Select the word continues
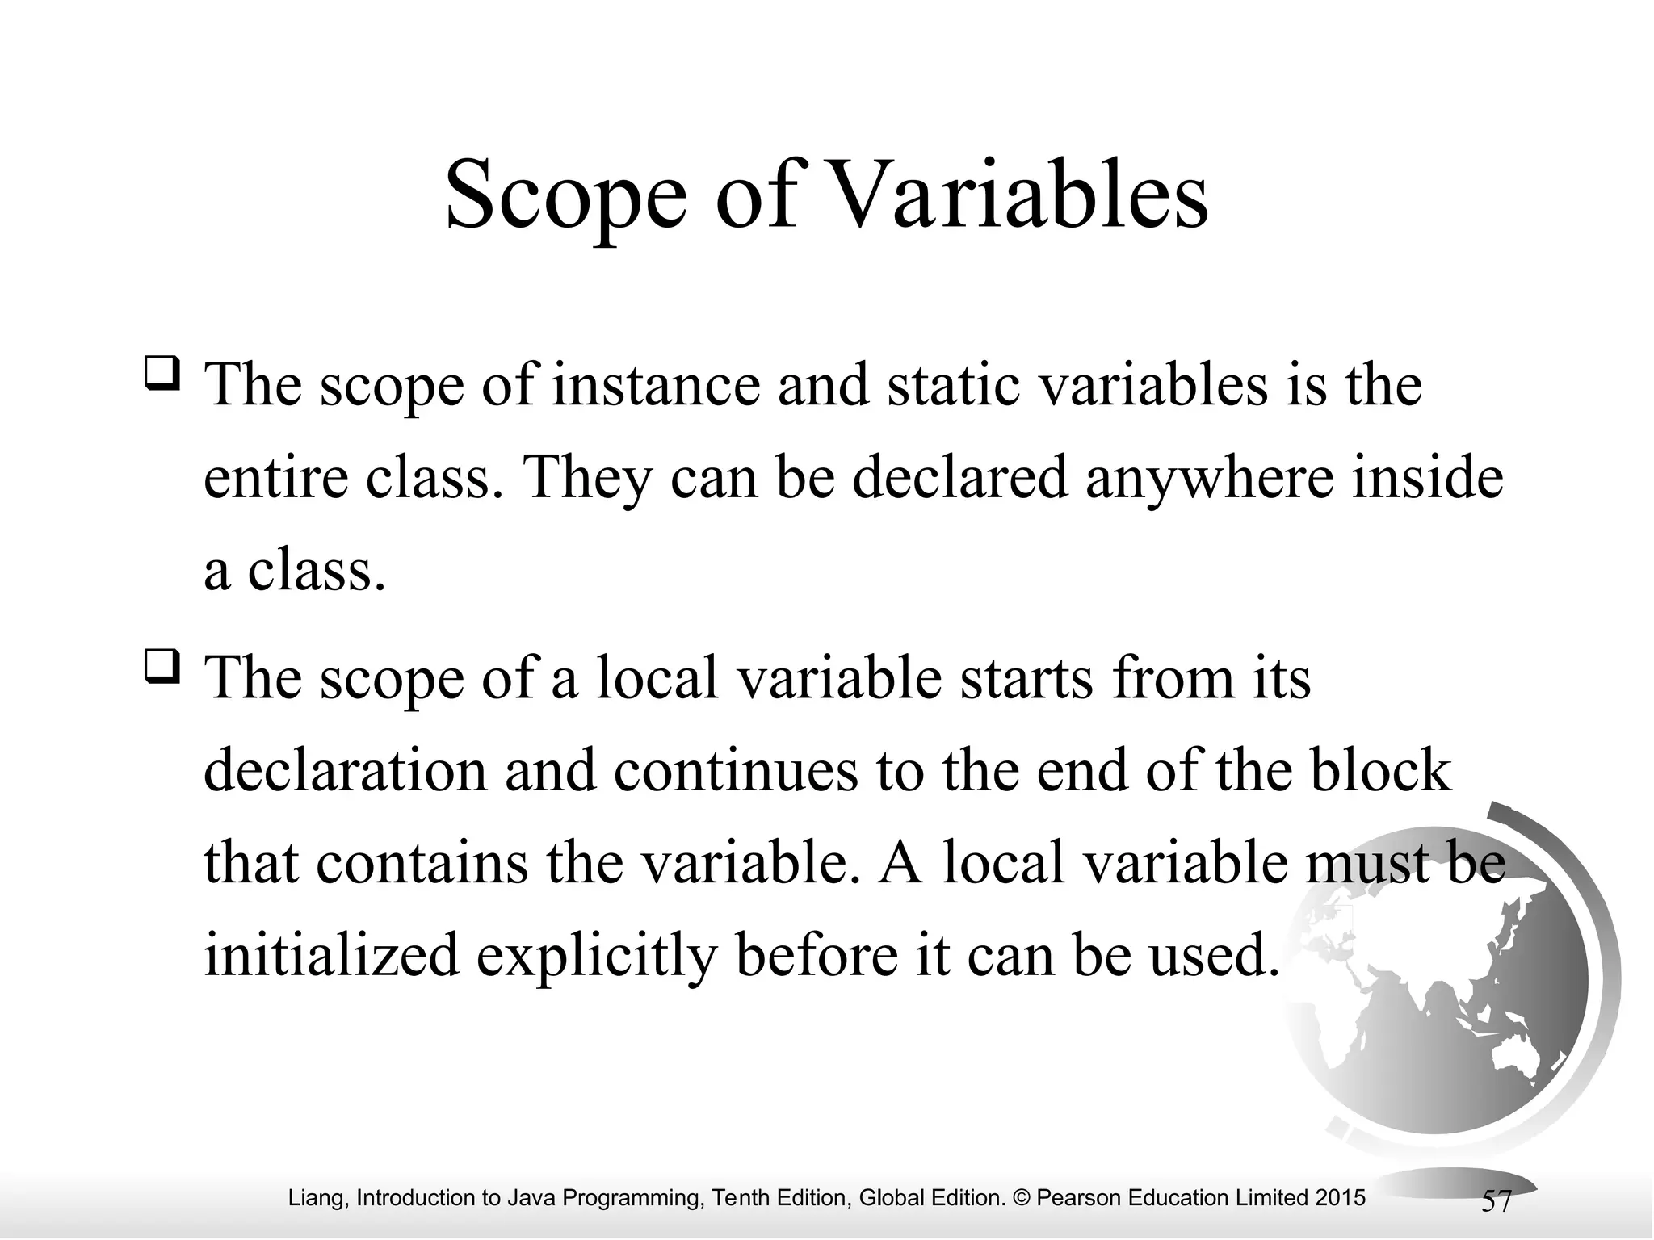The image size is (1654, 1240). click(735, 771)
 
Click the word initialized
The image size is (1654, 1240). click(331, 955)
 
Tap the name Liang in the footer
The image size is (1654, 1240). click(318, 1198)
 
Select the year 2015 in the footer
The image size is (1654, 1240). click(1340, 1197)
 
